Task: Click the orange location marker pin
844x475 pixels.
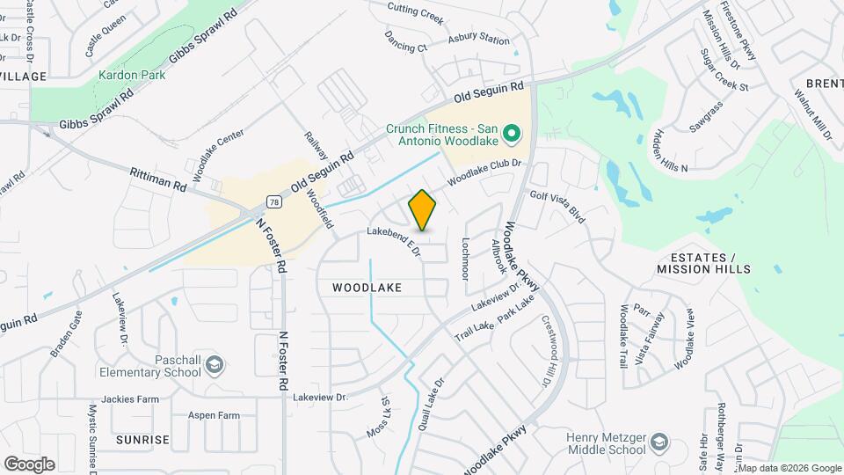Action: [423, 210]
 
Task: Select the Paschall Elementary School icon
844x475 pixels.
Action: [215, 364]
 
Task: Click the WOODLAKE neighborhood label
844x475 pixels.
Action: [367, 288]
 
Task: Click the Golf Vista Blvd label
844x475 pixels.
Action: [557, 205]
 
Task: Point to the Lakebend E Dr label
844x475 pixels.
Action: [395, 242]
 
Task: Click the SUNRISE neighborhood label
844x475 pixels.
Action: [142, 439]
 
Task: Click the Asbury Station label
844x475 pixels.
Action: [478, 40]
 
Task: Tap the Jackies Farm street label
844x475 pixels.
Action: [130, 398]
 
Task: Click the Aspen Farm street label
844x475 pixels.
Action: [214, 415]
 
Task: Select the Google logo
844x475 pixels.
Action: [29, 464]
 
